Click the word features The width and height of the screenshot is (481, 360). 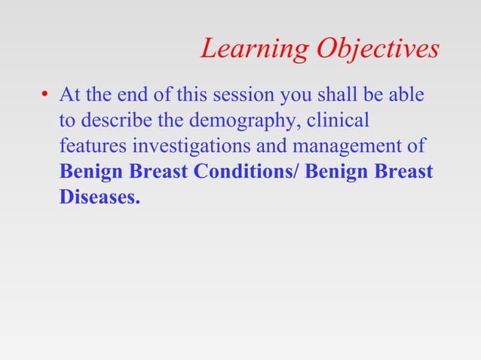click(89, 146)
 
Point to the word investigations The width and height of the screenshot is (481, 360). click(177, 146)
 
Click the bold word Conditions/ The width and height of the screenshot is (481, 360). click(247, 172)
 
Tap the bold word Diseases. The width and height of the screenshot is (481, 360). click(100, 197)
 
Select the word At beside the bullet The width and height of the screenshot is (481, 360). click(69, 96)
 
